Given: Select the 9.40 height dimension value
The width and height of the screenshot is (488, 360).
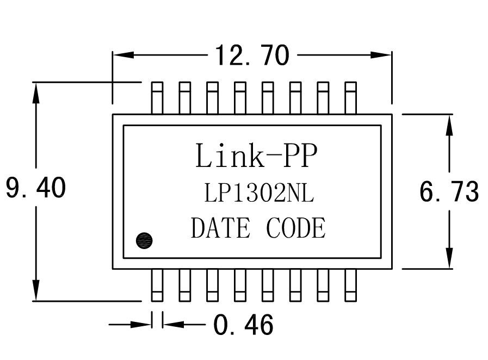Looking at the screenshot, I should (36, 188).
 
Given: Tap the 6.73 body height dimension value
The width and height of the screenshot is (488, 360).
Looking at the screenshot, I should (449, 191).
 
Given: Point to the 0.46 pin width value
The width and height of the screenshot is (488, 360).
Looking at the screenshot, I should (243, 325).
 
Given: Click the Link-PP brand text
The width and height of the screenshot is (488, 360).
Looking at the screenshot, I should (255, 156).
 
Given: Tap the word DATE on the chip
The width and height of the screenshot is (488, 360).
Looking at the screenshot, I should (220, 228).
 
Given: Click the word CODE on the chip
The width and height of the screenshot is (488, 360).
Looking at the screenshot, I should (296, 228).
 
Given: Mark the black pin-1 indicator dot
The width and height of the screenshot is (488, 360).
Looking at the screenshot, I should (144, 240).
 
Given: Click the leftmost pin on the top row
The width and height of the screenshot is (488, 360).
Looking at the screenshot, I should (157, 98).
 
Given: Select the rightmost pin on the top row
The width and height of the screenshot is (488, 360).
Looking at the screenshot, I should (351, 98).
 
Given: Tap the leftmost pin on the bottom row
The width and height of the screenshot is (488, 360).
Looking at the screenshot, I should (157, 285).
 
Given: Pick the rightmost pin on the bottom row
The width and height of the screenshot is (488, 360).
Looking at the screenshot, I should (351, 285).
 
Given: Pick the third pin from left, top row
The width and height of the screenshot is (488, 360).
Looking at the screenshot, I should (212, 98).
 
